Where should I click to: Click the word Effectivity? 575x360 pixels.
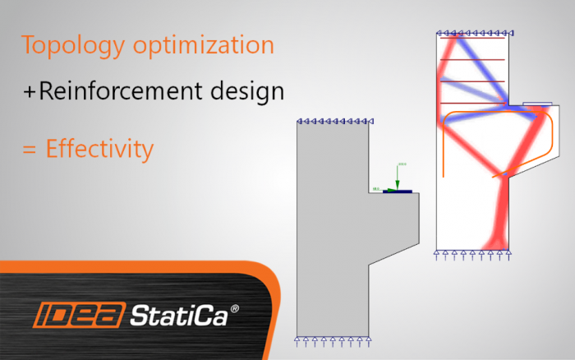[x=99, y=150]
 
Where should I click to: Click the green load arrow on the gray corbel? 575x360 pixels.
[x=398, y=177]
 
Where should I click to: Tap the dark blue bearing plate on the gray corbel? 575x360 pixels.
[x=398, y=192]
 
